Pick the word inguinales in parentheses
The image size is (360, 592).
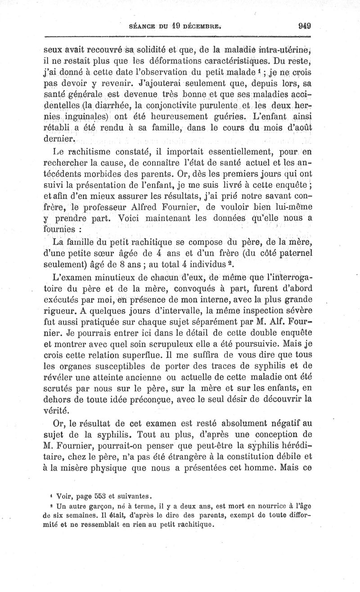pyautogui.click(x=84, y=118)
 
